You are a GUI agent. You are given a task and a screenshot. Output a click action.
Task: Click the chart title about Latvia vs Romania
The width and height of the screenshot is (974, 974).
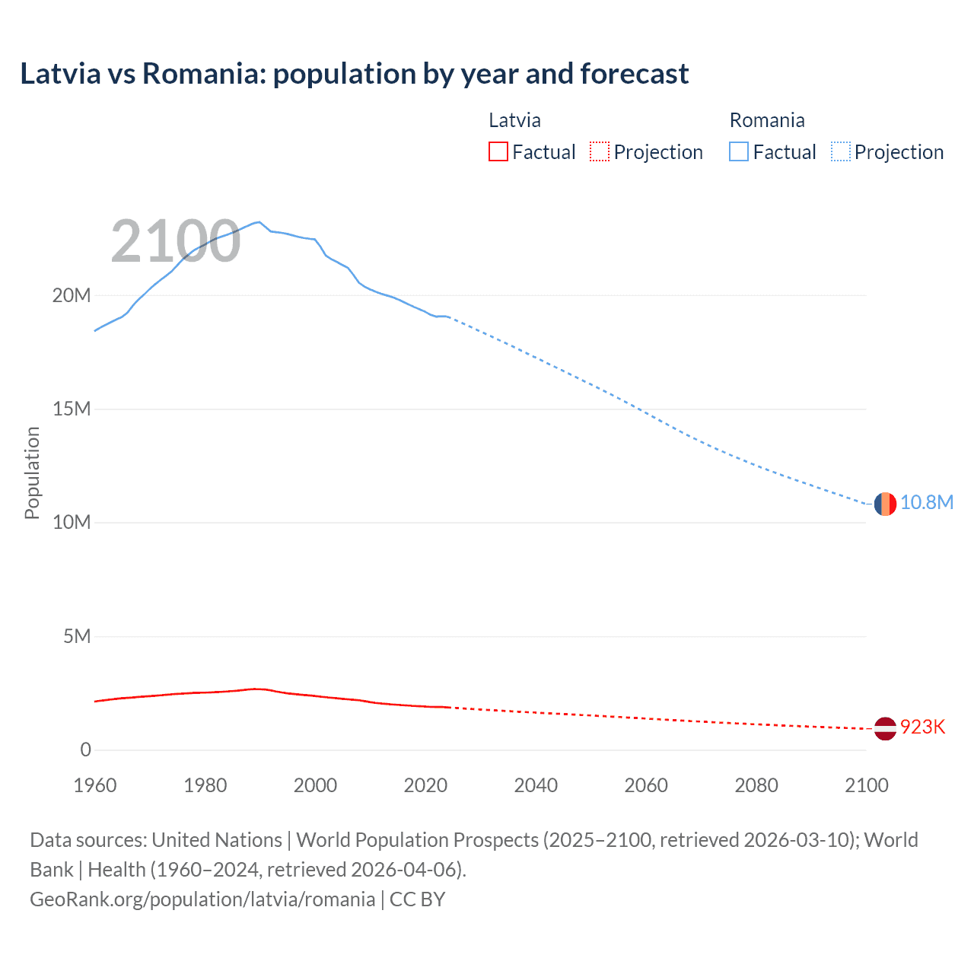(x=354, y=74)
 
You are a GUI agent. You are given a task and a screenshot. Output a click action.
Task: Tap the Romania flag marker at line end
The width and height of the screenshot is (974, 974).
(x=884, y=504)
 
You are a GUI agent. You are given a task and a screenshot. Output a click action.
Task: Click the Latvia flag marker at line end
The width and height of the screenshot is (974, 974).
(x=884, y=728)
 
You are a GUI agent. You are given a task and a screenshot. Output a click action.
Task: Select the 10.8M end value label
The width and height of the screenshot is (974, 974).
(x=926, y=503)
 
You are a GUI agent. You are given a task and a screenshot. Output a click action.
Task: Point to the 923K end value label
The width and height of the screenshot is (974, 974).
(x=922, y=727)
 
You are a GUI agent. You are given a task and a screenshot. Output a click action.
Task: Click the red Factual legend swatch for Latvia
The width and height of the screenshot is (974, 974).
(x=498, y=151)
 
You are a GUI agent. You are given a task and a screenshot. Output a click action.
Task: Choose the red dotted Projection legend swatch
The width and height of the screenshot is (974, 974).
(x=600, y=151)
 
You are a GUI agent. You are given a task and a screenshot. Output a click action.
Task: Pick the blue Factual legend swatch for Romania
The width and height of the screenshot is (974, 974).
(x=739, y=151)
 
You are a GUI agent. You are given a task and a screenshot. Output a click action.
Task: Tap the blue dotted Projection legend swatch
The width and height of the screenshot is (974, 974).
(x=841, y=151)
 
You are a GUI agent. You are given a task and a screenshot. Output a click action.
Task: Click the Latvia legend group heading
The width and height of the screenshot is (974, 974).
(x=514, y=120)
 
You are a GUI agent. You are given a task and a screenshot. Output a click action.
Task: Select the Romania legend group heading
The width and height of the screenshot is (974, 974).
(x=766, y=120)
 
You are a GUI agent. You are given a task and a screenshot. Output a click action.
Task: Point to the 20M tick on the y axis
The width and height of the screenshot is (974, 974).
(x=72, y=295)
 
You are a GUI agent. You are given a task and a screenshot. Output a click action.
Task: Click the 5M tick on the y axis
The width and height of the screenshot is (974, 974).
(x=77, y=636)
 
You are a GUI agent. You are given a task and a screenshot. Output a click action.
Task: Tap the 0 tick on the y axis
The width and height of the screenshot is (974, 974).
(x=85, y=750)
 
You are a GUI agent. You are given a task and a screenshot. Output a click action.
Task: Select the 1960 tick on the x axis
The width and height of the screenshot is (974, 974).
(x=95, y=785)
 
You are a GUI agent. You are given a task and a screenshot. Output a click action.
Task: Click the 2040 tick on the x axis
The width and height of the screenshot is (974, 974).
(x=536, y=785)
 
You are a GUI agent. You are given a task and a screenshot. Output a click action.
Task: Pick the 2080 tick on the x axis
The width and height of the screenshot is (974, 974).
(x=756, y=785)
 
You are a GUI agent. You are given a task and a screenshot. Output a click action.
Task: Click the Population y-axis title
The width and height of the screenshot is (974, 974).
(x=32, y=473)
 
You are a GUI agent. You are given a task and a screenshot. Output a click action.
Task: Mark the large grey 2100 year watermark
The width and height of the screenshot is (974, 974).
(x=176, y=242)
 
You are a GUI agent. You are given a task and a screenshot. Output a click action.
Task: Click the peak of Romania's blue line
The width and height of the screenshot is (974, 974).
(x=259, y=222)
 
